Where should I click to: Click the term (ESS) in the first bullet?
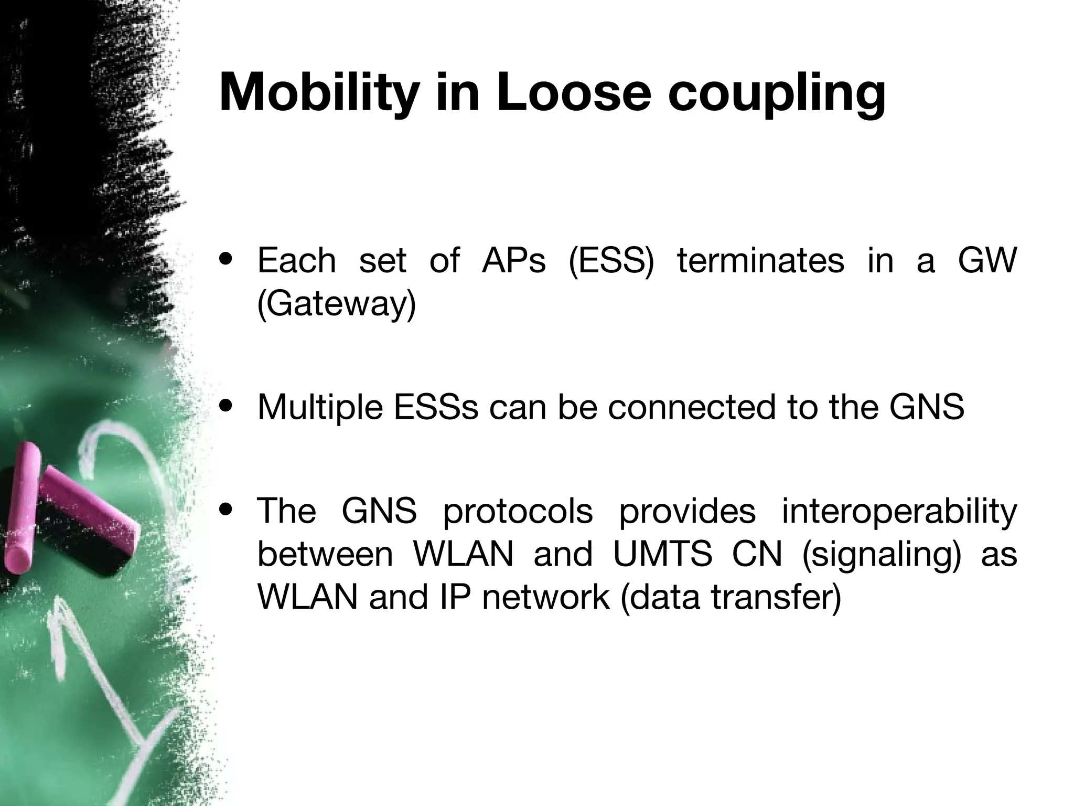tap(611, 261)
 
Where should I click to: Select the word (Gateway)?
tap(337, 304)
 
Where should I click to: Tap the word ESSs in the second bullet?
tap(435, 407)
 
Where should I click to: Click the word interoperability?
tap(899, 512)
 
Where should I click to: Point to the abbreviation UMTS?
tap(662, 554)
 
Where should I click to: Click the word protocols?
tap(518, 512)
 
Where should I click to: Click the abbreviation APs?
tap(513, 261)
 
